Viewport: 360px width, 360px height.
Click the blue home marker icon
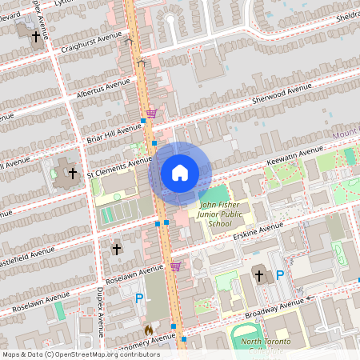[180, 173]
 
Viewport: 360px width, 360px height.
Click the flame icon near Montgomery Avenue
[149, 329]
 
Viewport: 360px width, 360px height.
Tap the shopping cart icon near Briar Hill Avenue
[151, 114]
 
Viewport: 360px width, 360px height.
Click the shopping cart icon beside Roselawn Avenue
[175, 266]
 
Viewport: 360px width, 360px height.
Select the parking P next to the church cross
[280, 275]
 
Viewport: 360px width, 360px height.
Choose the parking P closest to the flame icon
[139, 298]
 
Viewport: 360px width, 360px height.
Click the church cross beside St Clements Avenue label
[72, 173]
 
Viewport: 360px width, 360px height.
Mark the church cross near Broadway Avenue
[258, 276]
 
